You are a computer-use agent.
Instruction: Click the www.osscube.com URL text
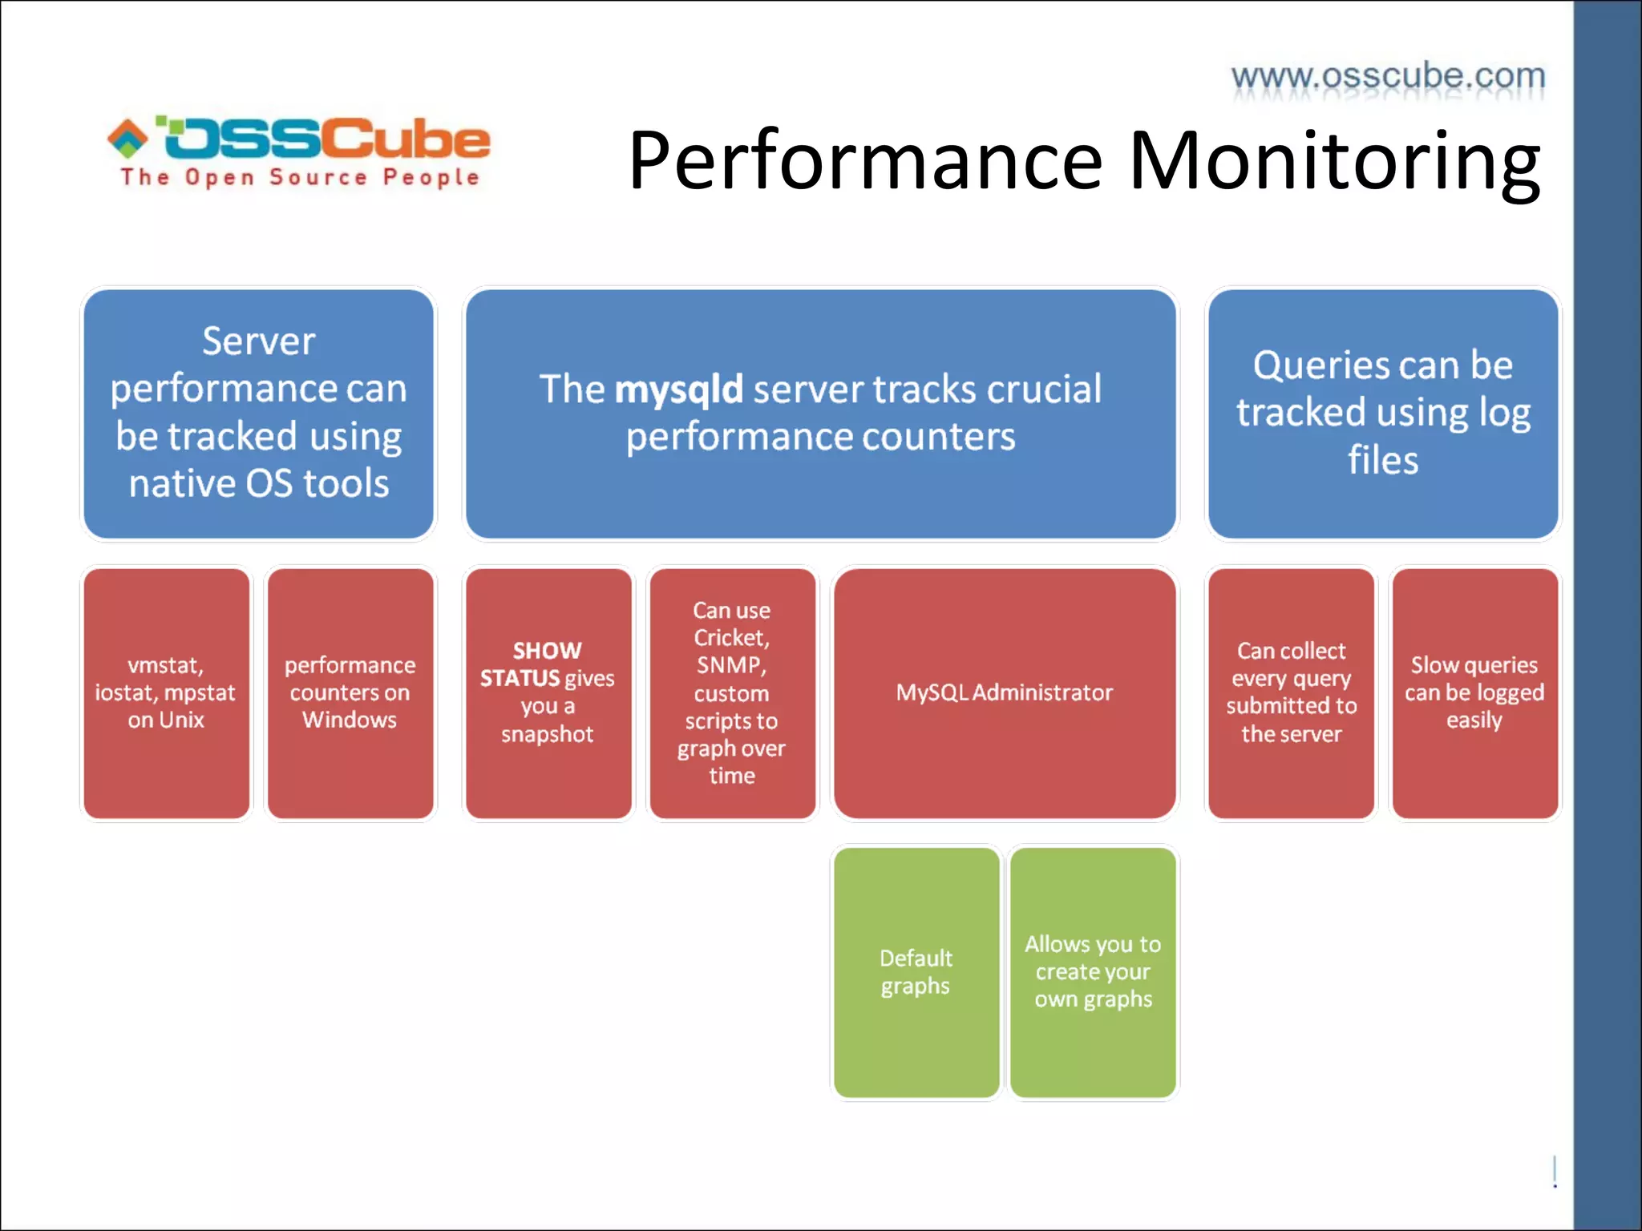pyautogui.click(x=1388, y=76)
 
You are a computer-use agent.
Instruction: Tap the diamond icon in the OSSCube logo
pyautogui.click(x=128, y=138)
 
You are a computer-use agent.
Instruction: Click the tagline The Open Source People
pyautogui.click(x=300, y=177)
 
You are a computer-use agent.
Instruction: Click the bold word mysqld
pyautogui.click(x=679, y=389)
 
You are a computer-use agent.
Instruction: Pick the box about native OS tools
pyautogui.click(x=258, y=413)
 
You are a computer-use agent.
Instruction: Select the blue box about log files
pyautogui.click(x=1383, y=413)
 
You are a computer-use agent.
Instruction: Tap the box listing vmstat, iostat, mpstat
pyautogui.click(x=166, y=692)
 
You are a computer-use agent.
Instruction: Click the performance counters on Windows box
pyautogui.click(x=350, y=692)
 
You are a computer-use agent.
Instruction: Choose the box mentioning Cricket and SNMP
pyautogui.click(x=732, y=692)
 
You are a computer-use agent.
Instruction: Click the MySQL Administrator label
pyautogui.click(x=1004, y=692)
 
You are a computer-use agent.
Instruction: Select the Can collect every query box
pyautogui.click(x=1291, y=692)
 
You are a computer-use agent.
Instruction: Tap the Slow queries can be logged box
pyautogui.click(x=1474, y=692)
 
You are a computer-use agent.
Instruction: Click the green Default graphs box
pyautogui.click(x=916, y=971)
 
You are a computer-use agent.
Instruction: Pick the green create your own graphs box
pyautogui.click(x=1093, y=971)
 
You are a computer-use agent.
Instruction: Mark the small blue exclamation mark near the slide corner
pyautogui.click(x=1555, y=1172)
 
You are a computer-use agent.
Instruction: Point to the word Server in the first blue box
pyautogui.click(x=258, y=341)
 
